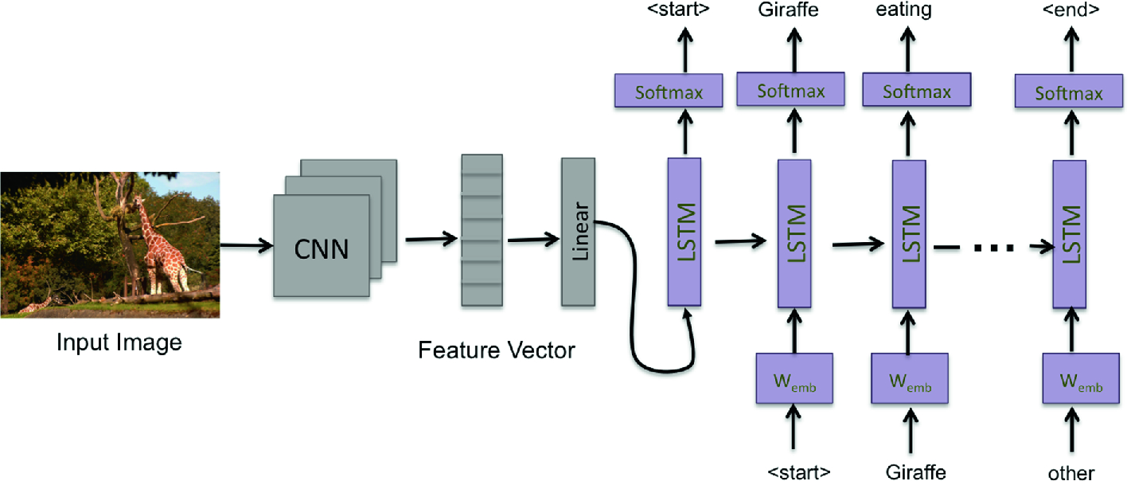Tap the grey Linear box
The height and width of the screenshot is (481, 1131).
pos(579,232)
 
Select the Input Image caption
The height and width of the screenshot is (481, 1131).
pos(119,344)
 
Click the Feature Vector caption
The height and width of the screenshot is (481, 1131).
pos(497,350)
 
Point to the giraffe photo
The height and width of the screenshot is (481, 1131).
pos(110,244)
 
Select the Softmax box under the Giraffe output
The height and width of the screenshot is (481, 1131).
pos(791,90)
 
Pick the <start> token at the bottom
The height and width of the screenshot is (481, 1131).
pos(799,470)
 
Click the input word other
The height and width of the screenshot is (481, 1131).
pos(1071,471)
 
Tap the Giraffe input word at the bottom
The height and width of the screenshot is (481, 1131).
pos(916,471)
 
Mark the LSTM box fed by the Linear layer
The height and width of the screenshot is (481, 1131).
pos(684,232)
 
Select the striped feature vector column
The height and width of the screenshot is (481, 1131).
pos(482,231)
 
